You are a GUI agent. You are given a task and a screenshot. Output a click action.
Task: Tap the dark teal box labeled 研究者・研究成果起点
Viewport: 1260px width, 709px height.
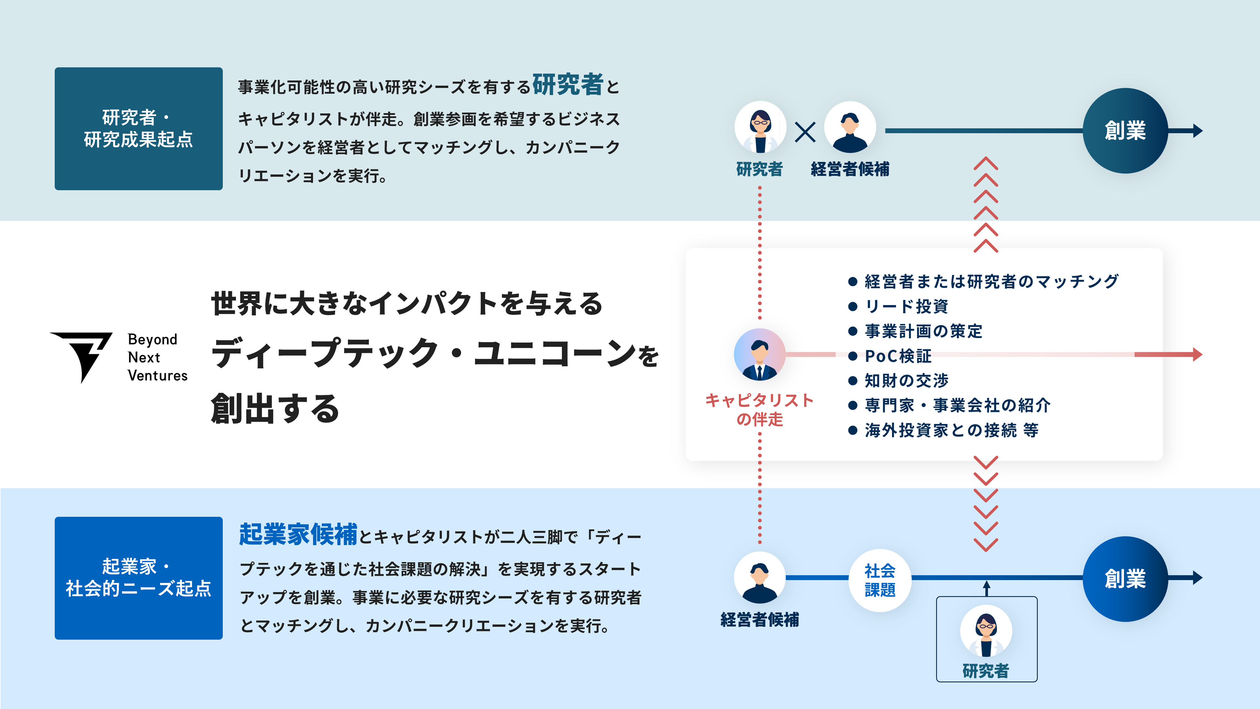pyautogui.click(x=138, y=129)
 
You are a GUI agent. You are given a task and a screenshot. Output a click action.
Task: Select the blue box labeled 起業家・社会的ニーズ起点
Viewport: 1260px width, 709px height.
pyautogui.click(x=138, y=578)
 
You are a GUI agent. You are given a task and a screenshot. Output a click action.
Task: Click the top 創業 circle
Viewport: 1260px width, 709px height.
pyautogui.click(x=1125, y=131)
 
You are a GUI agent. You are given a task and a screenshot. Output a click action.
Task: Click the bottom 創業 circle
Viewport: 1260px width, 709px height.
pyautogui.click(x=1125, y=579)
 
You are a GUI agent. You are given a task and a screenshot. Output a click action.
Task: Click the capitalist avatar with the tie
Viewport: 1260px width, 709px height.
pyautogui.click(x=760, y=354)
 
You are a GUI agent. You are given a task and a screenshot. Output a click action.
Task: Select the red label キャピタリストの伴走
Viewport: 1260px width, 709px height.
pyautogui.click(x=760, y=409)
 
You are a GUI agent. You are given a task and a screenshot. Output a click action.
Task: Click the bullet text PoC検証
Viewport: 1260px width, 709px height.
pyautogui.click(x=898, y=356)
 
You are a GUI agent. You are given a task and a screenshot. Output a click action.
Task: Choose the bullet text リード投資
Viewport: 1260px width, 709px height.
pyautogui.click(x=906, y=306)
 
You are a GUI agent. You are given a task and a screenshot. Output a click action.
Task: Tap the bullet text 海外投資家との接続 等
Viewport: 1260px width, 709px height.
pyautogui.click(x=951, y=430)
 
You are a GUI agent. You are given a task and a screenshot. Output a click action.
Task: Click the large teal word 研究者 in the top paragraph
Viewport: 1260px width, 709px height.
pyautogui.click(x=567, y=85)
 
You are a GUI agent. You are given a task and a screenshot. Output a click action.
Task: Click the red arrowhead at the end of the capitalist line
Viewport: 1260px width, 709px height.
pyautogui.click(x=1197, y=354)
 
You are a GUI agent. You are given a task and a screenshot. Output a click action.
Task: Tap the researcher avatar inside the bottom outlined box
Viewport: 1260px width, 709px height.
pyautogui.click(x=986, y=631)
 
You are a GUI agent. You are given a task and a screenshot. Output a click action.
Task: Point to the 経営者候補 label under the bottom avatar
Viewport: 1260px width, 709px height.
pyautogui.click(x=760, y=620)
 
